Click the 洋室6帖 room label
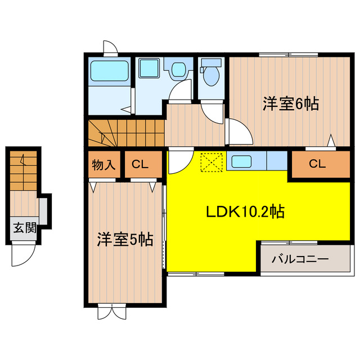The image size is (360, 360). tap(290, 103)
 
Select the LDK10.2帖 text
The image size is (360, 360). tap(244, 212)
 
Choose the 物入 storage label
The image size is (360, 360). tap(103, 165)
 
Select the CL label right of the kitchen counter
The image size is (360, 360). tap(317, 165)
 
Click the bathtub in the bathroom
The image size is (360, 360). tap(110, 71)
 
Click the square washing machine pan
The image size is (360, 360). tap(150, 69)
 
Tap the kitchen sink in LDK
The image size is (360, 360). tap(241, 162)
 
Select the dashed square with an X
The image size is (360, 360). tap(212, 163)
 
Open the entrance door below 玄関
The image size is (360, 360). tap(22, 256)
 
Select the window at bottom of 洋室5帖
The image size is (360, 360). tap(112, 311)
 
